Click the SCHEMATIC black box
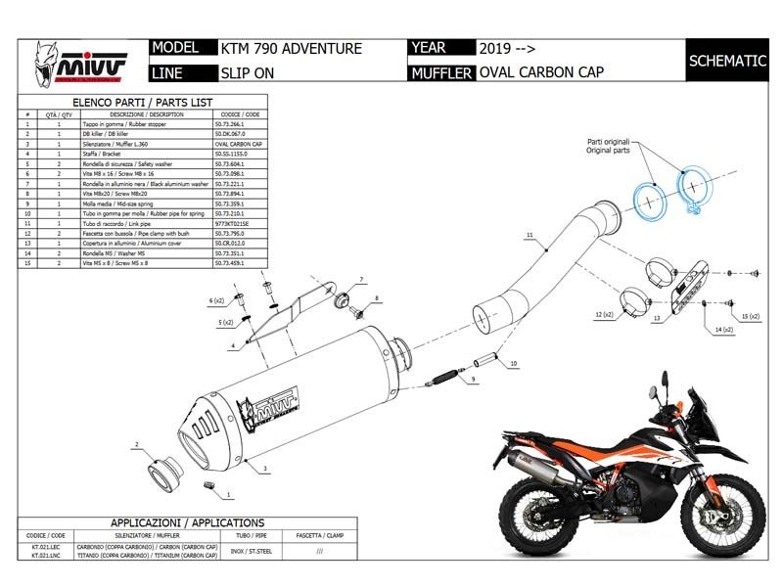[x=727, y=61]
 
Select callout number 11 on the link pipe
[x=529, y=236]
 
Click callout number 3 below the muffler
[x=265, y=469]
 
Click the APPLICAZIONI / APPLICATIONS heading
[x=173, y=522]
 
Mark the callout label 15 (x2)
[x=749, y=317]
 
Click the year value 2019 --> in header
[x=507, y=48]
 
